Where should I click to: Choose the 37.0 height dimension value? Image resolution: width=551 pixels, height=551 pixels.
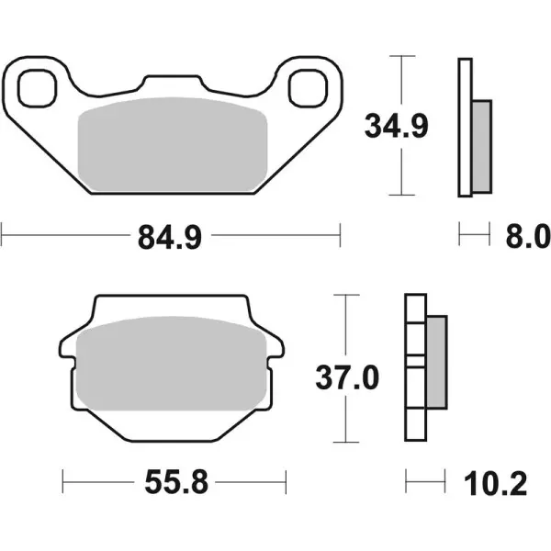346,376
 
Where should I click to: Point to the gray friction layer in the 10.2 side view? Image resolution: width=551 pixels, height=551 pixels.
436,363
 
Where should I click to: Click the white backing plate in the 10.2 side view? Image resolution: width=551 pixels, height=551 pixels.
413,367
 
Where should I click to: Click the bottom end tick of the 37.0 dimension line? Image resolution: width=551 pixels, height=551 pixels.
345,443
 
